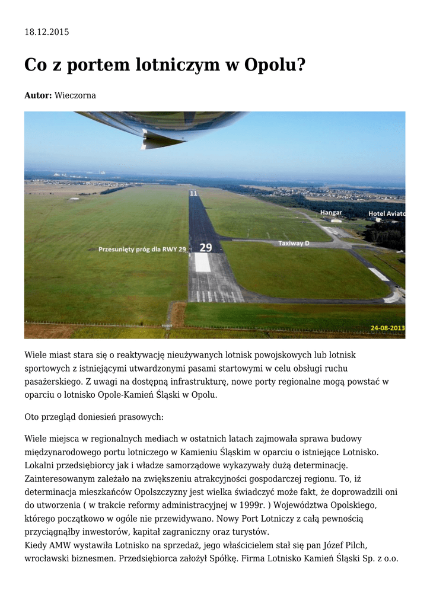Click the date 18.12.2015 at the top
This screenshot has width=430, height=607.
point(46,32)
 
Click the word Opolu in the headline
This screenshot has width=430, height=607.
point(277,65)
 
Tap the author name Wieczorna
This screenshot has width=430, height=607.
point(75,95)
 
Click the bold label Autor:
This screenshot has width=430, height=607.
point(38,95)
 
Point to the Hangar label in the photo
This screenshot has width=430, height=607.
point(331,212)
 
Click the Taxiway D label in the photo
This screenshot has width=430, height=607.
point(294,243)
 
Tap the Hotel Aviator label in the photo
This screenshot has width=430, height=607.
point(386,213)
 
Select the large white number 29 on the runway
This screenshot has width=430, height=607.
point(205,247)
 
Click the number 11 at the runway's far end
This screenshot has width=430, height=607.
point(193,193)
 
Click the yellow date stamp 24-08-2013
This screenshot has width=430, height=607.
point(387,327)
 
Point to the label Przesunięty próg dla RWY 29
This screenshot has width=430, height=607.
point(142,250)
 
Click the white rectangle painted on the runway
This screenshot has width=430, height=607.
point(203,263)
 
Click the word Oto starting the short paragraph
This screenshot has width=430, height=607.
point(32,417)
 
